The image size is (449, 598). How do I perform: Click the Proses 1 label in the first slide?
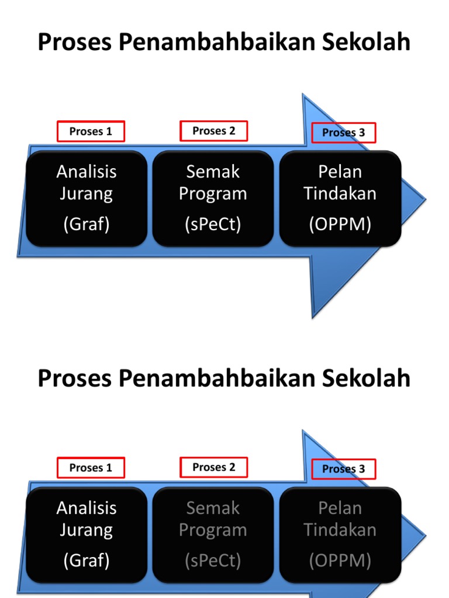pyautogui.click(x=91, y=131)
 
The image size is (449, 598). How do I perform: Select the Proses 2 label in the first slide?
pyautogui.click(x=213, y=131)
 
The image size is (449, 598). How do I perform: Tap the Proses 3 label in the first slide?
pyautogui.click(x=343, y=133)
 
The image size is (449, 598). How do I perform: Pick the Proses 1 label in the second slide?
pyautogui.click(x=91, y=468)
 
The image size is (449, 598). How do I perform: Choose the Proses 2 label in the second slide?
pyautogui.click(x=213, y=467)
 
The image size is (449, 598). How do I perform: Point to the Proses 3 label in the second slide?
pyautogui.click(x=343, y=469)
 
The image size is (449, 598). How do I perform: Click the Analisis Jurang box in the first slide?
pyautogui.click(x=87, y=198)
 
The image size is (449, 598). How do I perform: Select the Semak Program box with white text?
pyautogui.click(x=213, y=198)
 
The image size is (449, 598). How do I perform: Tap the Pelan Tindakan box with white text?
pyautogui.click(x=340, y=198)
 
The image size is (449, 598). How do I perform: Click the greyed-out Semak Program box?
pyautogui.click(x=213, y=534)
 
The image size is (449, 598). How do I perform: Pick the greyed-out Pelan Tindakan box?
pyautogui.click(x=340, y=534)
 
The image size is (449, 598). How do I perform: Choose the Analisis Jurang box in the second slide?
pyautogui.click(x=87, y=534)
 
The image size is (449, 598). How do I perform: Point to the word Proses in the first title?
pyautogui.click(x=75, y=43)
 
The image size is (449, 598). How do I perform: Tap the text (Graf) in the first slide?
pyautogui.click(x=87, y=224)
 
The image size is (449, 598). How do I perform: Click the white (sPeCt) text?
pyautogui.click(x=213, y=224)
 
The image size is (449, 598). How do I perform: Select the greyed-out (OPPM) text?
pyautogui.click(x=340, y=561)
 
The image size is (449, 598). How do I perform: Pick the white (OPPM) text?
pyautogui.click(x=340, y=224)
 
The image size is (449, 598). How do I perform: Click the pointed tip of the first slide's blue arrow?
pyautogui.click(x=424, y=200)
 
